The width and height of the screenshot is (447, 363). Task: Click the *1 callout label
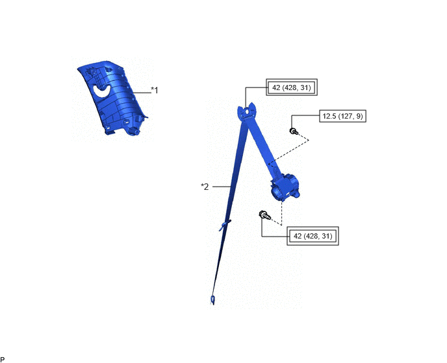(x=154, y=90)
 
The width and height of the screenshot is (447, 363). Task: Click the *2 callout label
(x=205, y=187)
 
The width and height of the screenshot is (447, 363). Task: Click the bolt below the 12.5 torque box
(x=294, y=131)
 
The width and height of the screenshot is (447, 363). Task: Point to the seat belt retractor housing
(x=285, y=187)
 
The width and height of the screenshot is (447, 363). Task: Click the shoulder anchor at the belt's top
(x=247, y=111)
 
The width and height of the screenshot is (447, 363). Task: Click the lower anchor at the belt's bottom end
(x=212, y=300)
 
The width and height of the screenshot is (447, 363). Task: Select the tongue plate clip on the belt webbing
(x=225, y=225)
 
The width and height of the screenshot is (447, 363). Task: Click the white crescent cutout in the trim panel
(x=102, y=91)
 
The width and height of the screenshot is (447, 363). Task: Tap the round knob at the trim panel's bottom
(x=134, y=132)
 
